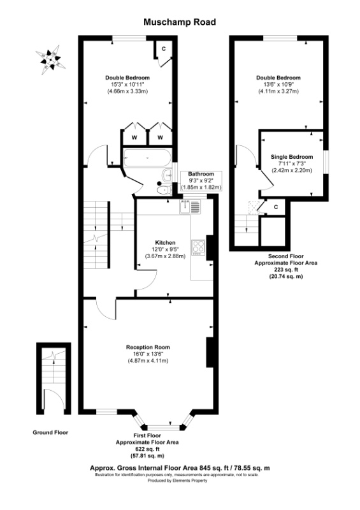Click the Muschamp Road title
point(179,22)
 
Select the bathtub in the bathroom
point(147,157)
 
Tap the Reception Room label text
point(148,347)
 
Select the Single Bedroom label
point(291,157)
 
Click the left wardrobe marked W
point(134,137)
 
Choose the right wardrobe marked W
point(161,137)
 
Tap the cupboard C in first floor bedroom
point(163,48)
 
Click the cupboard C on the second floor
point(276,207)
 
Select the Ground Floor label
point(50,432)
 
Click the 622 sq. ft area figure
point(147,449)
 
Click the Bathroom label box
point(200,180)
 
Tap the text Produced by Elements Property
point(180,480)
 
